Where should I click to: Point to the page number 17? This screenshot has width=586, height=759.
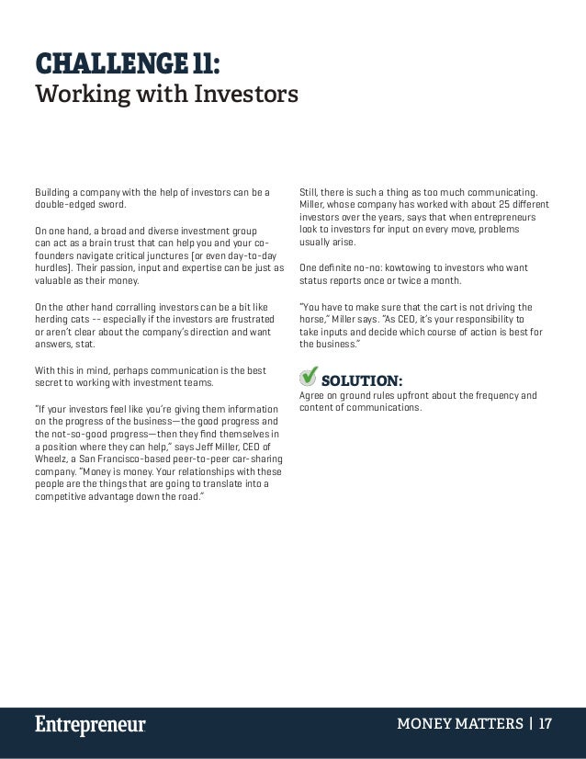tap(546, 722)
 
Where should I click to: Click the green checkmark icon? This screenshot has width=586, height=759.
tap(310, 377)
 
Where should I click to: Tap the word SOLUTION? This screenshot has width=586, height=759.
tap(366, 381)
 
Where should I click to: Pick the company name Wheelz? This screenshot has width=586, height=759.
tap(51, 459)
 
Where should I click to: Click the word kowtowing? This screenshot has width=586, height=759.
tap(397, 267)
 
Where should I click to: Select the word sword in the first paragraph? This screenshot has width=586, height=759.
tap(107, 205)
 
